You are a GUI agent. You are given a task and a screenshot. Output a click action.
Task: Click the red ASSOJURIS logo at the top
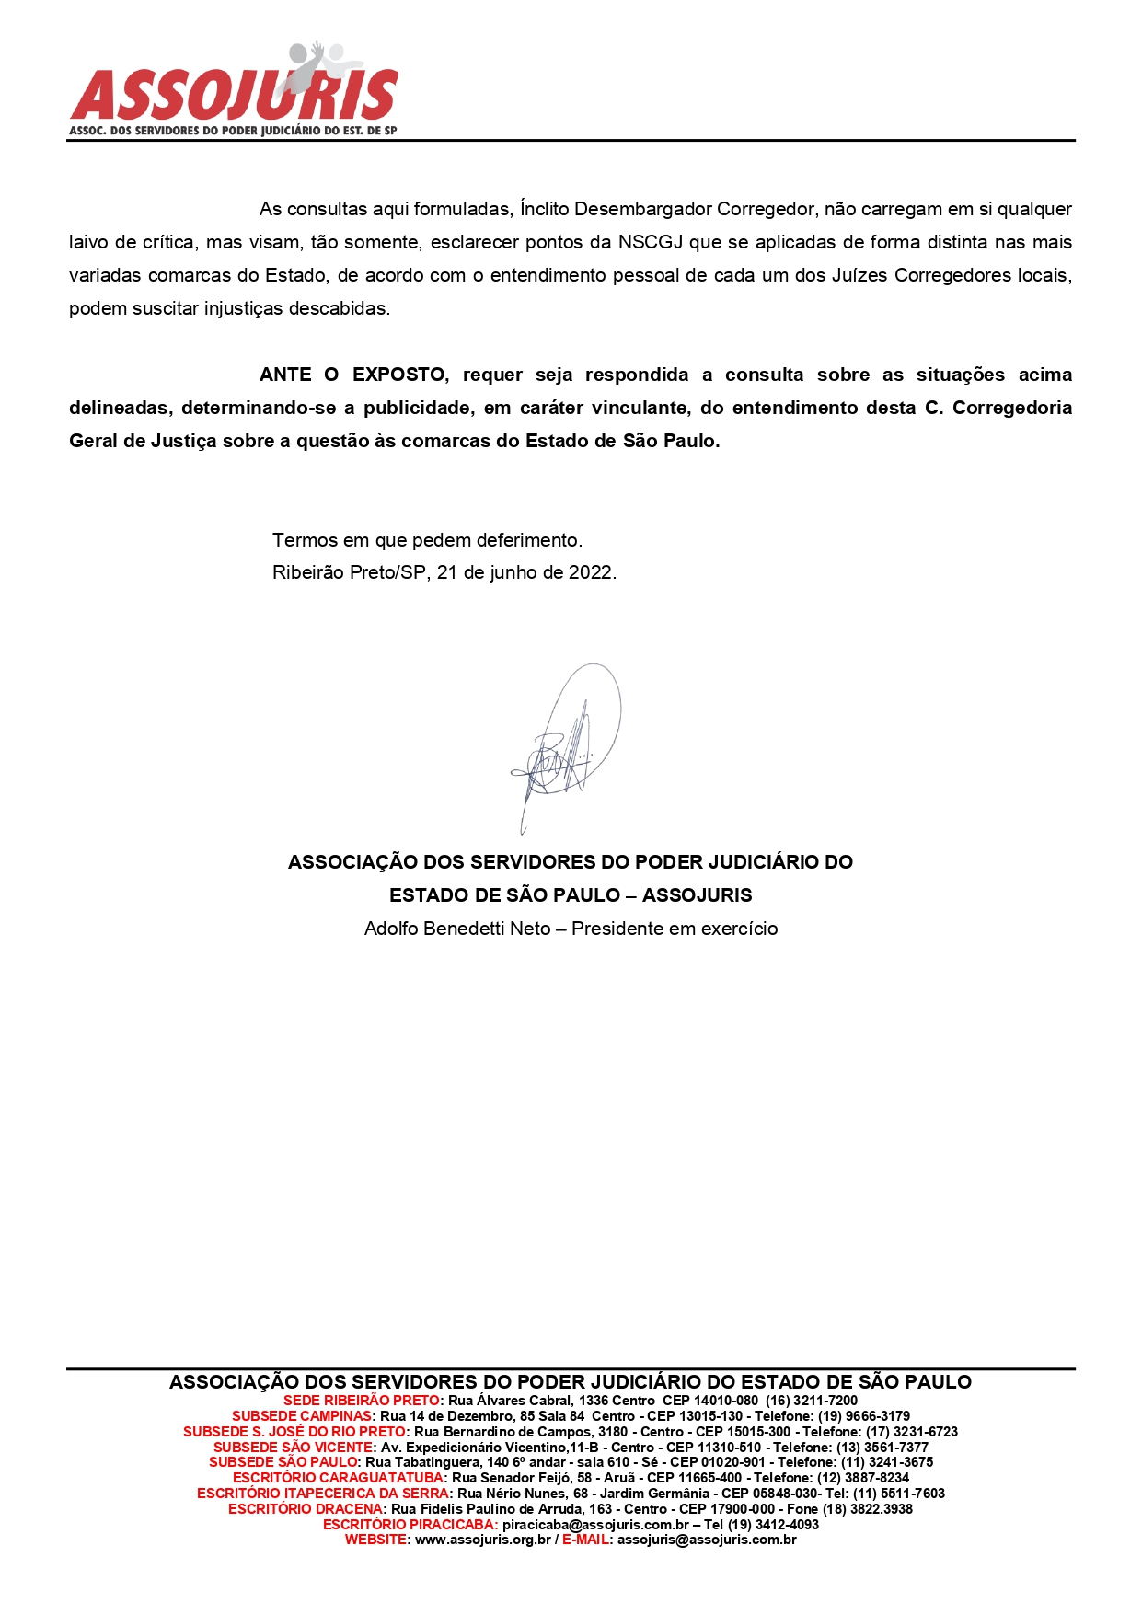[x=234, y=92]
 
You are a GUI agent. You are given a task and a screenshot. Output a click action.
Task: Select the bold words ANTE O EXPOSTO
[x=353, y=375]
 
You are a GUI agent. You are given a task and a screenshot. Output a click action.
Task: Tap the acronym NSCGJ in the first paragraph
[x=652, y=242]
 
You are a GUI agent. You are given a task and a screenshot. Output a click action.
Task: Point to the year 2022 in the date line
[x=590, y=572]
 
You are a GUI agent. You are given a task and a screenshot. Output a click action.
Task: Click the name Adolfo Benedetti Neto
[x=457, y=929]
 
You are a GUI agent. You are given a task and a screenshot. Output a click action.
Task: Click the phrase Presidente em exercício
[x=675, y=929]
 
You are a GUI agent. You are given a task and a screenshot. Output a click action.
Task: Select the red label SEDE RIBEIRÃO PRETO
[x=362, y=1401]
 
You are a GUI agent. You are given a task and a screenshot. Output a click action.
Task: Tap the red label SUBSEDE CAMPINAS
[x=303, y=1416]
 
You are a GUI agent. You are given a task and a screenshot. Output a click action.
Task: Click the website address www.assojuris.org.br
[x=483, y=1540]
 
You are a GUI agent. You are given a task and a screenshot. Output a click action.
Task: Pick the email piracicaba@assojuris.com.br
[x=595, y=1525]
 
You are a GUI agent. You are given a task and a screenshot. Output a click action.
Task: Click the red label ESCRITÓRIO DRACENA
[x=306, y=1509]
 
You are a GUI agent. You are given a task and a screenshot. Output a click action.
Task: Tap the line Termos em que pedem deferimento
[x=427, y=540]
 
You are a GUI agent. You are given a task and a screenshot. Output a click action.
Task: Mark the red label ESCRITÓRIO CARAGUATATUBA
[x=339, y=1478]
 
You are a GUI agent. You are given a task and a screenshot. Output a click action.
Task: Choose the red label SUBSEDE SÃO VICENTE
[x=294, y=1448]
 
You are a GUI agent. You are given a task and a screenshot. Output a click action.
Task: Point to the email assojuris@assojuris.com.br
[x=707, y=1540]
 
